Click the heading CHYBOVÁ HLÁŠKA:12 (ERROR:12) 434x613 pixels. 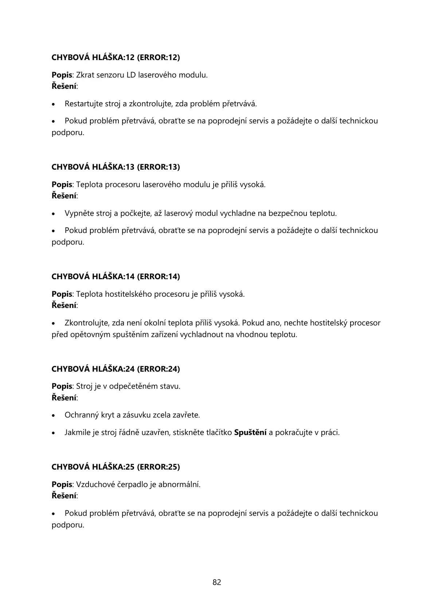click(x=116, y=58)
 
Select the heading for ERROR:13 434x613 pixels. click(x=116, y=167)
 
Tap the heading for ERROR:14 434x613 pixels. click(x=116, y=277)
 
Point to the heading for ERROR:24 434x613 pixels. click(x=116, y=369)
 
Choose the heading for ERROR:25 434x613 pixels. click(x=116, y=467)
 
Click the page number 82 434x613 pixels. click(x=217, y=582)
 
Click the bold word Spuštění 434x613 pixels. click(x=250, y=433)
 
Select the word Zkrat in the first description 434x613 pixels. click(x=85, y=75)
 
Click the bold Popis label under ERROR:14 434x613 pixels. click(x=62, y=294)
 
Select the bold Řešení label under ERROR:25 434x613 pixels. click(x=64, y=496)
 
